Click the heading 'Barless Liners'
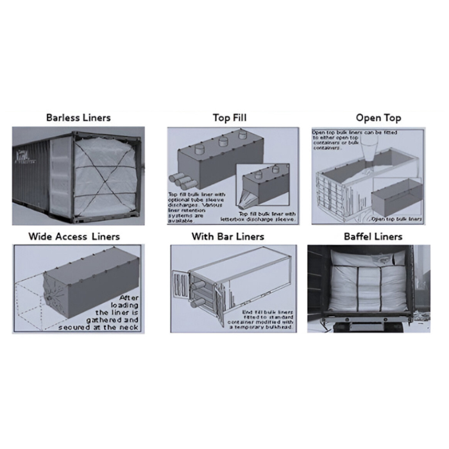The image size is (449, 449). (x=78, y=118)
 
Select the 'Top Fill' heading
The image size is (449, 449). (x=229, y=118)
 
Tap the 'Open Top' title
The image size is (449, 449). (x=378, y=118)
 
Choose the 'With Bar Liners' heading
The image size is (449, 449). (x=228, y=237)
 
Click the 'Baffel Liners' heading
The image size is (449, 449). (x=372, y=237)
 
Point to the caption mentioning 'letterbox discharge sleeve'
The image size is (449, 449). (x=267, y=216)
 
